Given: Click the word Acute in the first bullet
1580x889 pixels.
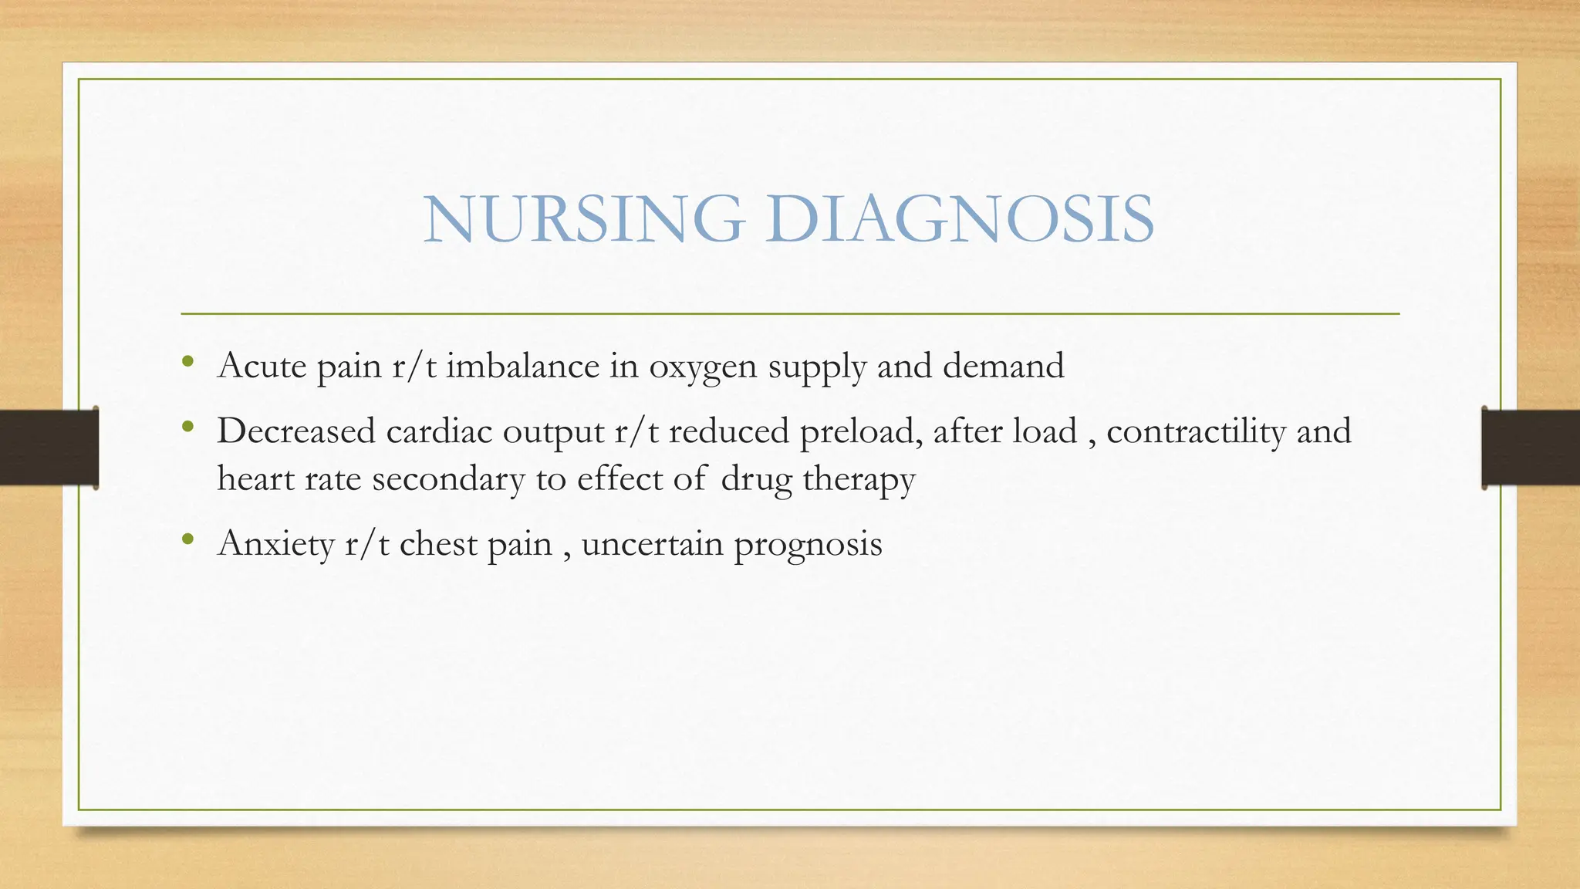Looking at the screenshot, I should (262, 366).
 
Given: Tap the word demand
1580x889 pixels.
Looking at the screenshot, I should (1003, 366).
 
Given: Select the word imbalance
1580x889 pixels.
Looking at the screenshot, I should (522, 366).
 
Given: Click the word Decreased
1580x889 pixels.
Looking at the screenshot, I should (296, 431).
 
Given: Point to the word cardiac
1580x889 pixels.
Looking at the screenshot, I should (439, 431).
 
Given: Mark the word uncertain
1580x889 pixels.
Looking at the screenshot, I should (652, 545).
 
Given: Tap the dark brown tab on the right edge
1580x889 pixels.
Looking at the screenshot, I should (1531, 448).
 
